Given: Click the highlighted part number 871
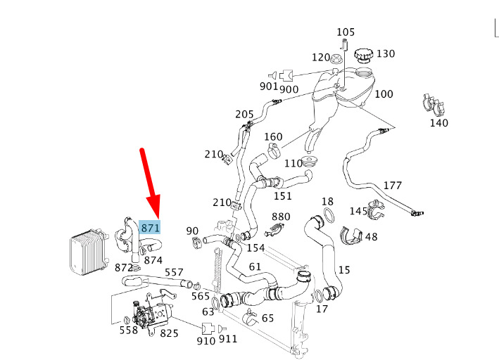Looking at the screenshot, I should pyautogui.click(x=151, y=227).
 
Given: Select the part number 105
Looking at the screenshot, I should pyautogui.click(x=346, y=32).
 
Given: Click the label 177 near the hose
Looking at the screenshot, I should pyautogui.click(x=392, y=186).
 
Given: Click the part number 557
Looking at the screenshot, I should pyautogui.click(x=174, y=273).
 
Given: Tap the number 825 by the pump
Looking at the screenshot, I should pyautogui.click(x=169, y=333).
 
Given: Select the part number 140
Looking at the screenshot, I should pyautogui.click(x=438, y=123).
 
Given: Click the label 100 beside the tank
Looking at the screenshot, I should pyautogui.click(x=384, y=94).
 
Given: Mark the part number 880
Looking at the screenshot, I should pyautogui.click(x=281, y=217).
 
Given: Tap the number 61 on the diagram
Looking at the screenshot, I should pyautogui.click(x=255, y=266).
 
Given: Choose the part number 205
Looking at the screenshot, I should pyautogui.click(x=244, y=114).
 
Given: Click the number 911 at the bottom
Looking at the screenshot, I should pyautogui.click(x=228, y=340).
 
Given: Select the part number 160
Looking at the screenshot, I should pyautogui.click(x=273, y=136).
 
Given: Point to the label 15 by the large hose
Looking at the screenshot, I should pyautogui.click(x=343, y=269).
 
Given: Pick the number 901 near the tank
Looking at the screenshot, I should pyautogui.click(x=268, y=86).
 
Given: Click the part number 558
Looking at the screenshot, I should pyautogui.click(x=128, y=330).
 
